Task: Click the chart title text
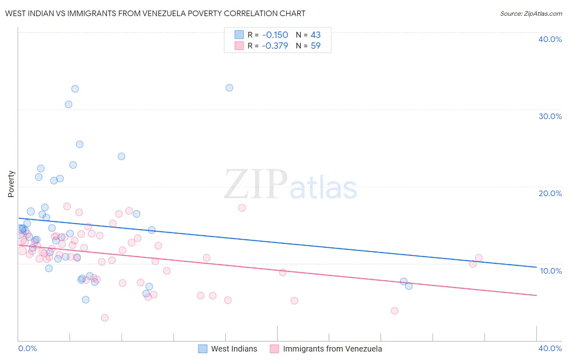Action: pos(155,13)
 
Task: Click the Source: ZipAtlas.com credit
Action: pos(531,13)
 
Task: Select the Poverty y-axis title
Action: pos(11,184)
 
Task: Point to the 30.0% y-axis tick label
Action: pos(550,116)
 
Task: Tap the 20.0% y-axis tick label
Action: pos(550,193)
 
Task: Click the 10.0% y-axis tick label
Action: pos(551,271)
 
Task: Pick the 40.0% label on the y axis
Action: pos(550,39)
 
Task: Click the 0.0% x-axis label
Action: pos(27,348)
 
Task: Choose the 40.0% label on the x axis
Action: pos(550,348)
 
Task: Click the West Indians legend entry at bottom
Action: pos(234,349)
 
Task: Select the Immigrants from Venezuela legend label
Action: pos(332,349)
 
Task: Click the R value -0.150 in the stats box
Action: pos(275,35)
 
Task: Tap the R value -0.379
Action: pos(275,46)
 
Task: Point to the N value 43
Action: pos(316,35)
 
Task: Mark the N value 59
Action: pos(316,46)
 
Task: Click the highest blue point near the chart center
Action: pos(229,88)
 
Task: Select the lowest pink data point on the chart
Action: pos(105,318)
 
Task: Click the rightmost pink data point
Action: pos(479,258)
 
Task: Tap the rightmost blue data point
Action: pos(409,286)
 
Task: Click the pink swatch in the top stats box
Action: pos(239,46)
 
